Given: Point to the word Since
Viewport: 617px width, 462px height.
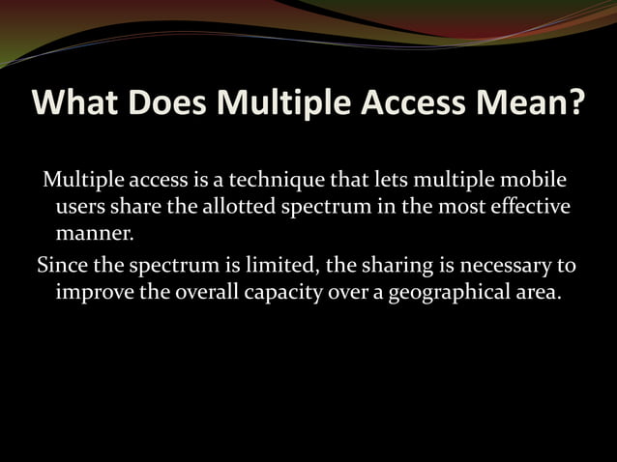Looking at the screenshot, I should coord(61,265).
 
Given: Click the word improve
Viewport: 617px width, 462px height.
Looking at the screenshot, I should coord(96,291).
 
